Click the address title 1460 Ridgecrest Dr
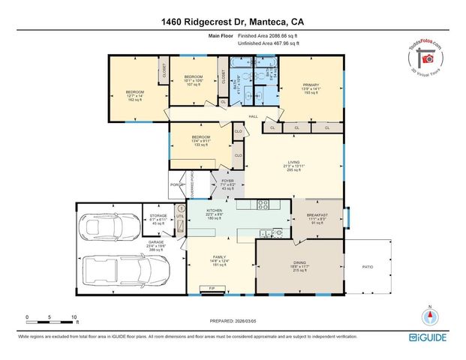[x=232, y=22]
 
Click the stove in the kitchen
[x=263, y=203]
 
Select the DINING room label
[x=299, y=265]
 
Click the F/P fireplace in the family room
[x=212, y=287]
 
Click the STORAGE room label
[x=158, y=218]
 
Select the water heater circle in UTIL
[x=181, y=209]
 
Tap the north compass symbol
[x=429, y=316]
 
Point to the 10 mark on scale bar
[x=74, y=316]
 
